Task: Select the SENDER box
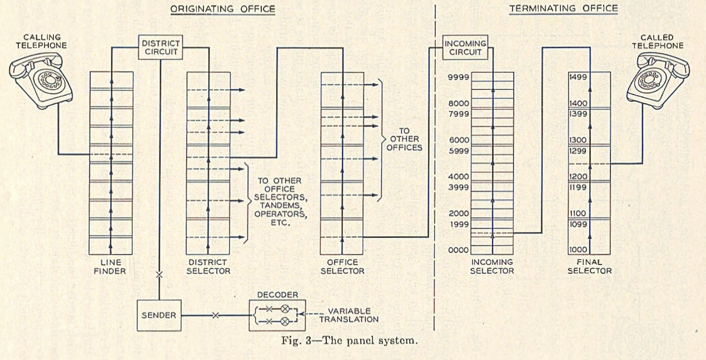(160, 315)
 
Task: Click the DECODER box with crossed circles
(274, 315)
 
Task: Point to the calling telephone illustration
(41, 78)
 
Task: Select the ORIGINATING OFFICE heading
(222, 9)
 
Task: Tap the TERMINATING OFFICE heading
(564, 9)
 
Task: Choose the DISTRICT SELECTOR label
(208, 267)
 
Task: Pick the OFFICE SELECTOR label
(342, 267)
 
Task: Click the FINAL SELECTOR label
(589, 267)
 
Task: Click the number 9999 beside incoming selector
(459, 78)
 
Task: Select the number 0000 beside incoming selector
(459, 251)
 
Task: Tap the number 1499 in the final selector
(578, 77)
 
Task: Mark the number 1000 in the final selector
(578, 250)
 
